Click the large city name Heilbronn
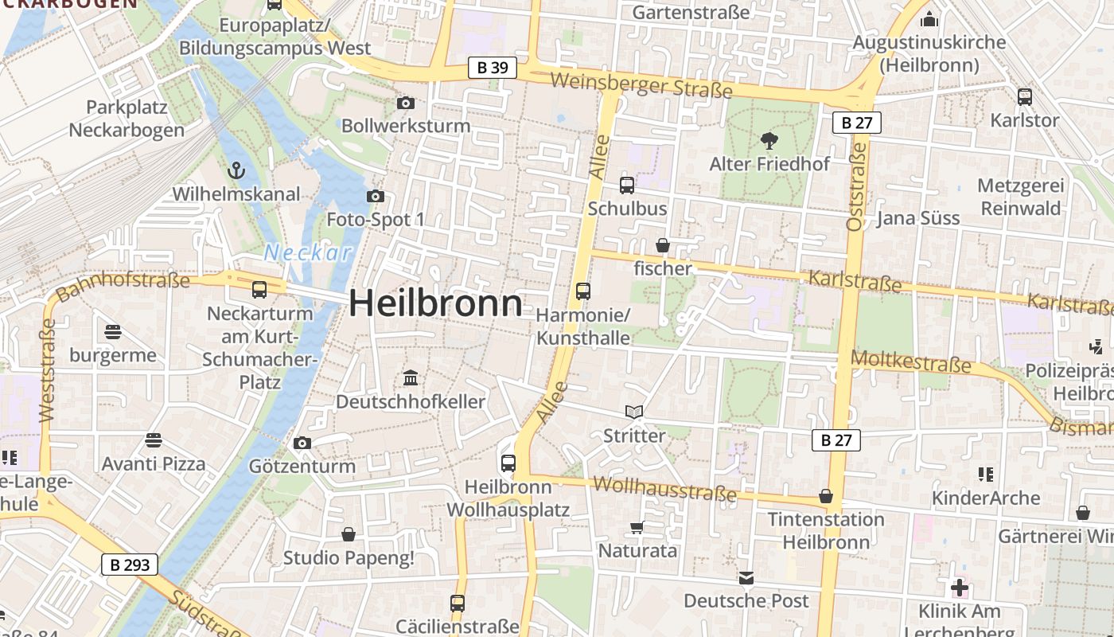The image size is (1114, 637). [436, 303]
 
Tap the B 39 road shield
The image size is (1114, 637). [492, 68]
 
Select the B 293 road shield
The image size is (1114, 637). [130, 565]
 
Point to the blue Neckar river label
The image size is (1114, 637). [307, 253]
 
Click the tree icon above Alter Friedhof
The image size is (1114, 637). [769, 141]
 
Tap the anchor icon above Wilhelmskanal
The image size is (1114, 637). [236, 170]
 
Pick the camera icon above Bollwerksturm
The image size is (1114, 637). [405, 103]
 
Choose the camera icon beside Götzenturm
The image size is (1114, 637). [302, 443]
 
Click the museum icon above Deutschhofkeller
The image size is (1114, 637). [411, 377]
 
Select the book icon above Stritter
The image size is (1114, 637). [634, 412]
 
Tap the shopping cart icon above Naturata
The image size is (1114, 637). [637, 527]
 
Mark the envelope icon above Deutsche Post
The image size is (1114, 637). [746, 577]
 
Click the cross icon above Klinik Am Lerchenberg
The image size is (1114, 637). [960, 588]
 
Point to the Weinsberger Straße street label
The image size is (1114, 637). [641, 85]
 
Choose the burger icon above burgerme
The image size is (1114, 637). [113, 331]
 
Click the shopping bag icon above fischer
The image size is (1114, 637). [662, 245]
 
